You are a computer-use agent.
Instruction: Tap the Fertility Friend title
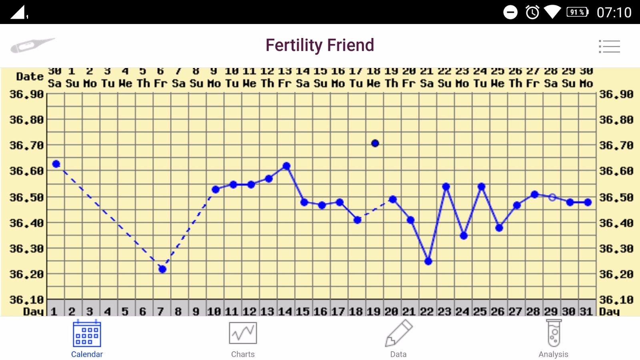pos(320,45)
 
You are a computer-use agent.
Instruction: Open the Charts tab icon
pos(243,333)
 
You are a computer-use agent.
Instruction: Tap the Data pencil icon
pos(398,333)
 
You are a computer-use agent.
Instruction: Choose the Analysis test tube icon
pos(554,333)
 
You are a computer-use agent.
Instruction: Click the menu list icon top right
pos(609,46)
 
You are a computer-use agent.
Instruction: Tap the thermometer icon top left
pos(32,45)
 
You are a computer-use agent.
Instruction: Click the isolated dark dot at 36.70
pos(375,143)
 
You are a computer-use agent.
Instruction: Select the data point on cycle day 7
pos(162,269)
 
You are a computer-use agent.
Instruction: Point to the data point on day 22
pos(428,261)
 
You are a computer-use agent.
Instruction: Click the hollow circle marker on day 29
pos(552,197)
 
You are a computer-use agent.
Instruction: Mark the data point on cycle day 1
pos(56,164)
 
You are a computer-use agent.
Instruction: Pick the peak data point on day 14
pos(286,166)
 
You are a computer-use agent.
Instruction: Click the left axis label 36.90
pos(26,94)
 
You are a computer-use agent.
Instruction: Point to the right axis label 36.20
pos(616,274)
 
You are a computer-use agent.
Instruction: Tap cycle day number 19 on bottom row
pos(374,311)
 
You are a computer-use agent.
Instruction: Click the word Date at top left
pos(30,76)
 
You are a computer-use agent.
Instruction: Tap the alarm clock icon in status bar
pos(532,12)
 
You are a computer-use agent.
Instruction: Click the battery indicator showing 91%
pos(577,12)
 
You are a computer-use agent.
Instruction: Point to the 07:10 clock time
pos(614,12)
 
